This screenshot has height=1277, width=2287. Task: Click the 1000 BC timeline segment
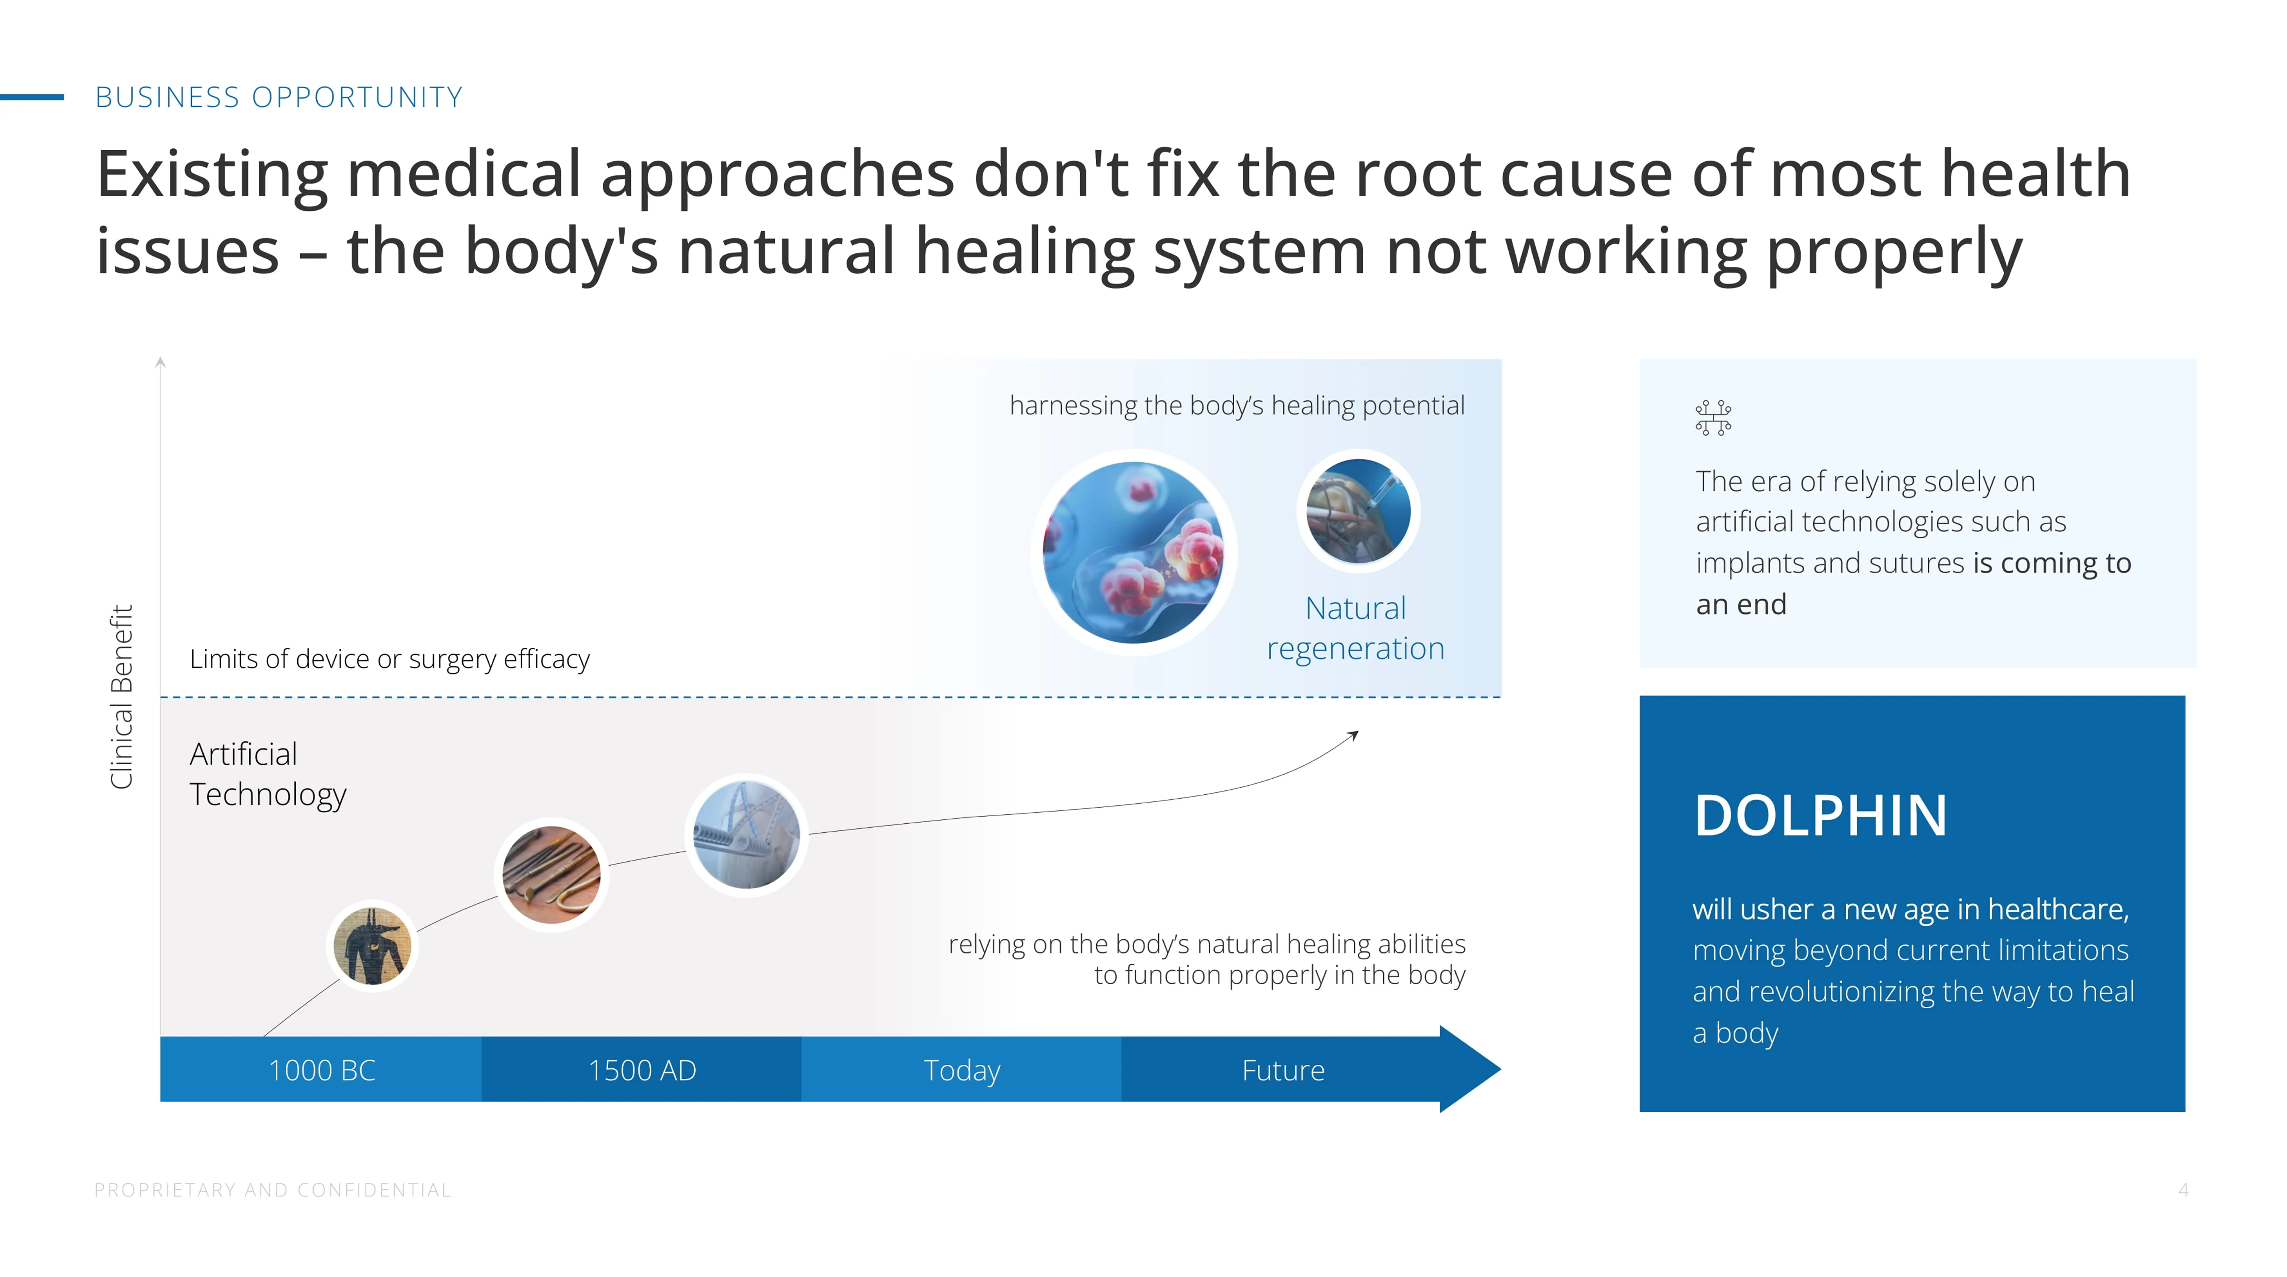coord(321,1070)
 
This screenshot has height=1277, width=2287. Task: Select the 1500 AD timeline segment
coord(642,1070)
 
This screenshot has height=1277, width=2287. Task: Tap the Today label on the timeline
coord(961,1070)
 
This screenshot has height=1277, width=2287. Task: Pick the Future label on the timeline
coord(1283,1070)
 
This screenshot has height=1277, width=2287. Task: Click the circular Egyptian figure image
coord(373,946)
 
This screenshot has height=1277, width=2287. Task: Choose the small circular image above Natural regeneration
coord(1358,511)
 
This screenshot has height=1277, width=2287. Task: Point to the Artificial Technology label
coord(267,774)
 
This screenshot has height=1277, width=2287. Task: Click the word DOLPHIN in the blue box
coord(1820,815)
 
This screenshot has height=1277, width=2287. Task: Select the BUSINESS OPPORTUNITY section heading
coord(279,97)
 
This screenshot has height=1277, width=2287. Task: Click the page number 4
coord(2183,1190)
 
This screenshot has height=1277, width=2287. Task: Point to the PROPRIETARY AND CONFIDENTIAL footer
coord(272,1190)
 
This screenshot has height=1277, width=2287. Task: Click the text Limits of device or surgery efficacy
coord(390,659)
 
